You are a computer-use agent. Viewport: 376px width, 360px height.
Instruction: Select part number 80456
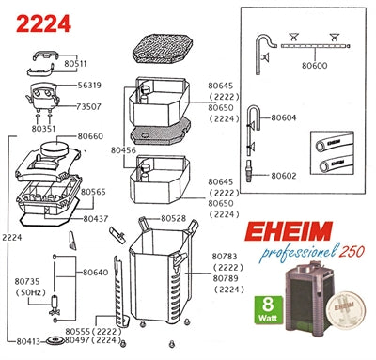(x=123, y=149)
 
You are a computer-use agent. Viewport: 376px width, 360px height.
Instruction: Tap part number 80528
(x=173, y=218)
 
